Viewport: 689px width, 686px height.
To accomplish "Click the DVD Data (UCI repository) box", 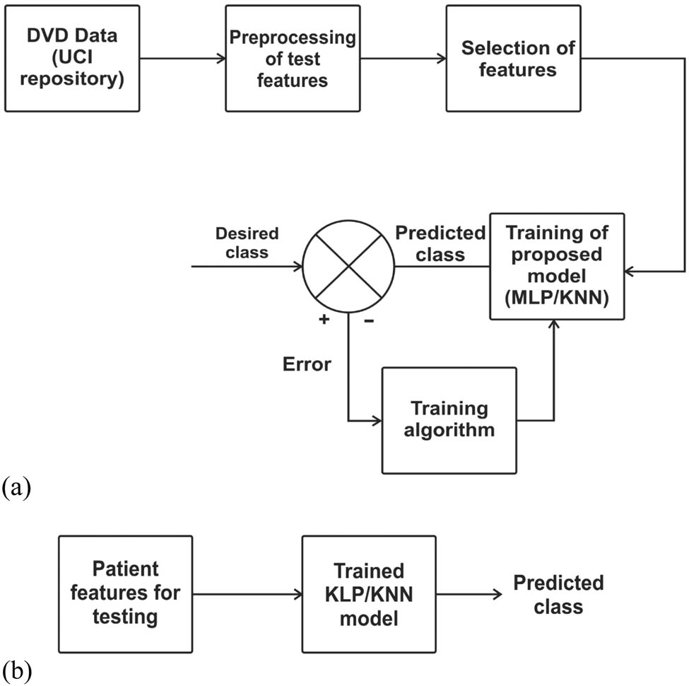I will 71,59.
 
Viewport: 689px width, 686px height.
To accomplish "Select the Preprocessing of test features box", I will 292,59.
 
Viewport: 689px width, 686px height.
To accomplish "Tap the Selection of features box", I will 508,59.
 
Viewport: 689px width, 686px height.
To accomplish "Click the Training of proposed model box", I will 558,265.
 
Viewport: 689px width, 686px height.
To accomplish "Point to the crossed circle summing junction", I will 348,267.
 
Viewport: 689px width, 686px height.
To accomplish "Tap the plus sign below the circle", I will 324,320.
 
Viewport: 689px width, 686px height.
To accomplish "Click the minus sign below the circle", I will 368,320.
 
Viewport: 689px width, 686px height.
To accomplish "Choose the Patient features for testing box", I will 125,593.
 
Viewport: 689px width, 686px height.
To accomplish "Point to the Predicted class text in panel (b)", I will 548,594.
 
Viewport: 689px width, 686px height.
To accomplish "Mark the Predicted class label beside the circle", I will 440,243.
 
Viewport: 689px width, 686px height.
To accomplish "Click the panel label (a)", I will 17,487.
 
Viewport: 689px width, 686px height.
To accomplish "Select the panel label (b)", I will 17,670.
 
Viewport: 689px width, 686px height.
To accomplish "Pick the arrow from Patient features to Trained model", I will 247,594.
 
